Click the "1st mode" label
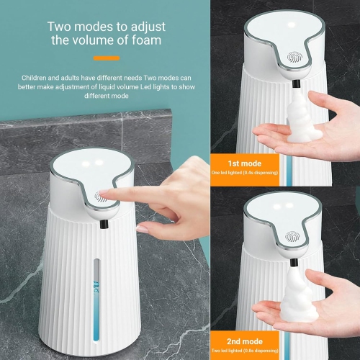click(245, 163)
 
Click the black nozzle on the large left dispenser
click(105, 225)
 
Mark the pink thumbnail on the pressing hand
click(143, 228)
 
